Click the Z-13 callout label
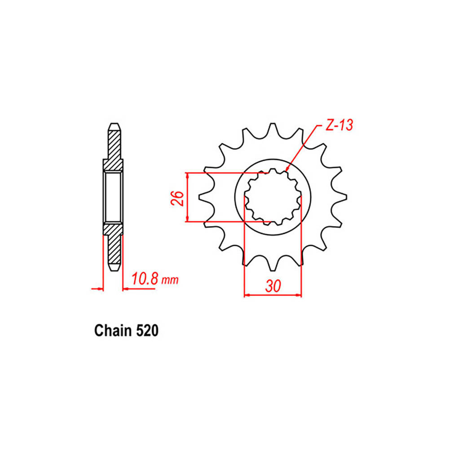339,125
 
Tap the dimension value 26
177,198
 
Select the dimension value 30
273,286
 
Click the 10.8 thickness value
144,278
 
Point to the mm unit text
170,280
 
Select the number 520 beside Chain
147,331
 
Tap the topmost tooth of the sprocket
273,130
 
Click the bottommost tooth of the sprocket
273,263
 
